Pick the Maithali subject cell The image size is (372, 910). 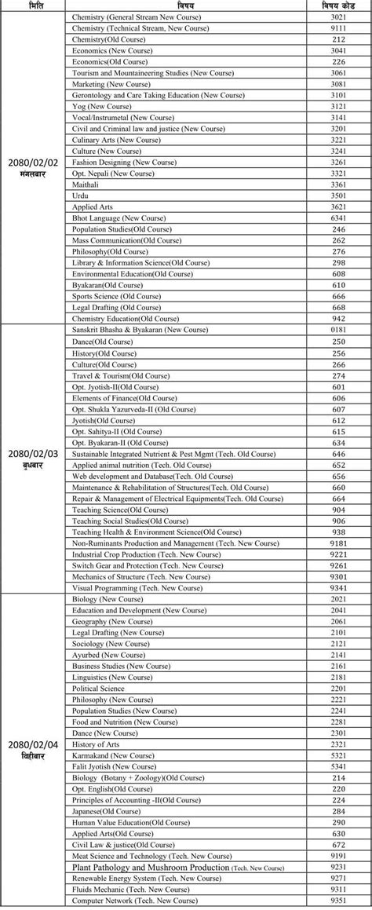tap(87, 184)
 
